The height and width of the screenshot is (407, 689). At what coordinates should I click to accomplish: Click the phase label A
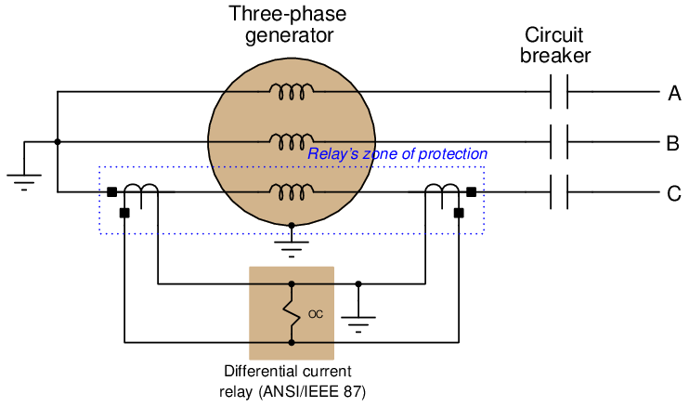pyautogui.click(x=674, y=92)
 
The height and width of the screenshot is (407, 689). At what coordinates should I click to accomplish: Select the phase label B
pyautogui.click(x=673, y=143)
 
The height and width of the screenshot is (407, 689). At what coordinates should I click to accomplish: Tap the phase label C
pyautogui.click(x=674, y=194)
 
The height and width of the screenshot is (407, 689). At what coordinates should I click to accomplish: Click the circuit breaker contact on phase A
pyautogui.click(x=558, y=92)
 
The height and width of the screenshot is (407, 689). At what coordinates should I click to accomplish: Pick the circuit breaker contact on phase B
pyautogui.click(x=558, y=142)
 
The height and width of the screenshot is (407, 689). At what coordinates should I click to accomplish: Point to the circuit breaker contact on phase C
pyautogui.click(x=558, y=193)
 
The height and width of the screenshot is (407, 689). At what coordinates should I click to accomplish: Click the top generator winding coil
pyautogui.click(x=292, y=90)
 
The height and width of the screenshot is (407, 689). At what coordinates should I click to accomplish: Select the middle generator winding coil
pyautogui.click(x=292, y=140)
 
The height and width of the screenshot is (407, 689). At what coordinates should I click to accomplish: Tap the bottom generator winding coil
pyautogui.click(x=292, y=191)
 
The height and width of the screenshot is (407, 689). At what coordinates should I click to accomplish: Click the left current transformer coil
pyautogui.click(x=141, y=191)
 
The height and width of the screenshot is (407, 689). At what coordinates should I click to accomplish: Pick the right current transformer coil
pyautogui.click(x=441, y=191)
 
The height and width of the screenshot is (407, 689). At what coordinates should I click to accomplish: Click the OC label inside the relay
pyautogui.click(x=316, y=314)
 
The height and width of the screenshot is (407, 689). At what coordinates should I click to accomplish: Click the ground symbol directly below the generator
pyautogui.click(x=292, y=245)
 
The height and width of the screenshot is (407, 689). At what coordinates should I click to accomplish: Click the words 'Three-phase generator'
pyautogui.click(x=289, y=25)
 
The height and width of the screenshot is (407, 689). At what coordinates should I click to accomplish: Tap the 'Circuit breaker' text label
pyautogui.click(x=555, y=46)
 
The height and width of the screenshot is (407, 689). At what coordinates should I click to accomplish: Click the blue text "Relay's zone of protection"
pyautogui.click(x=397, y=154)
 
